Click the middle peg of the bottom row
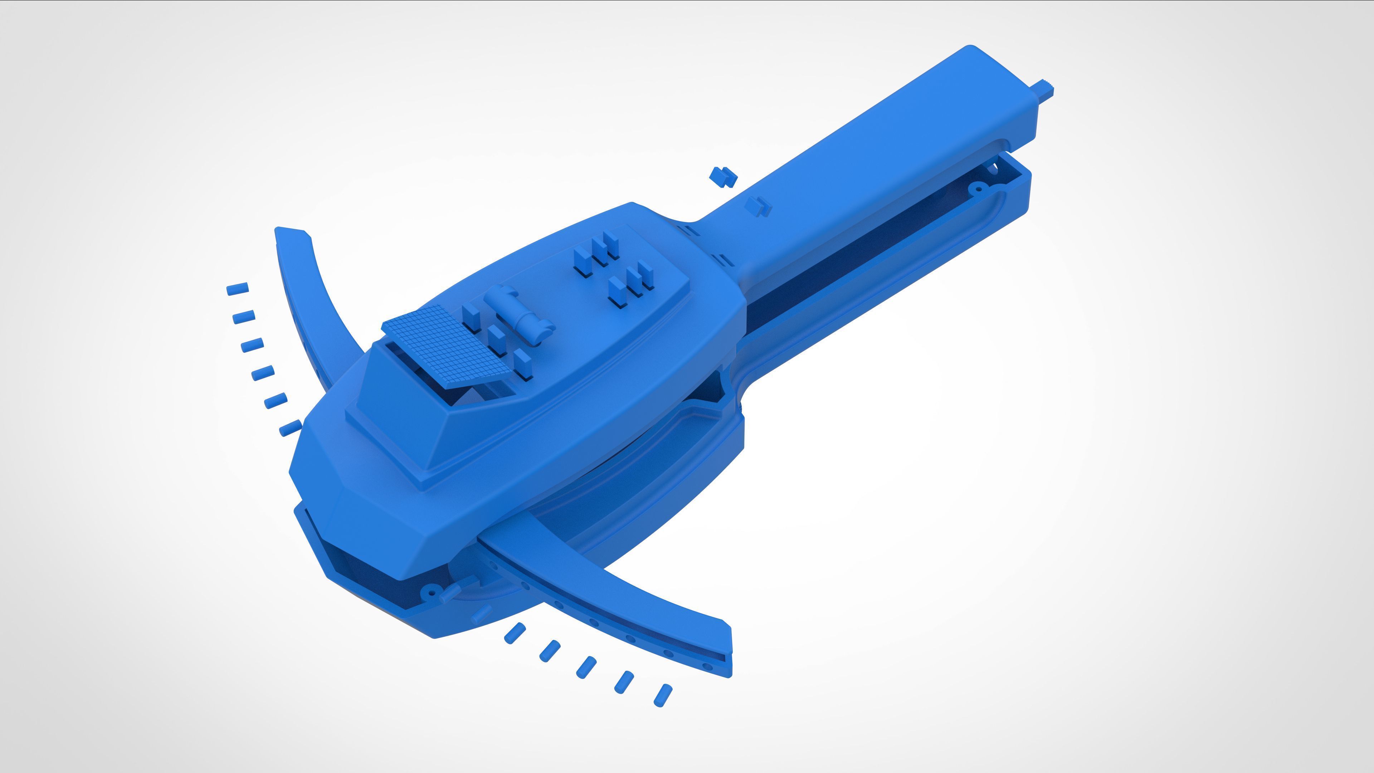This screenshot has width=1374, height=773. pos(586,667)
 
